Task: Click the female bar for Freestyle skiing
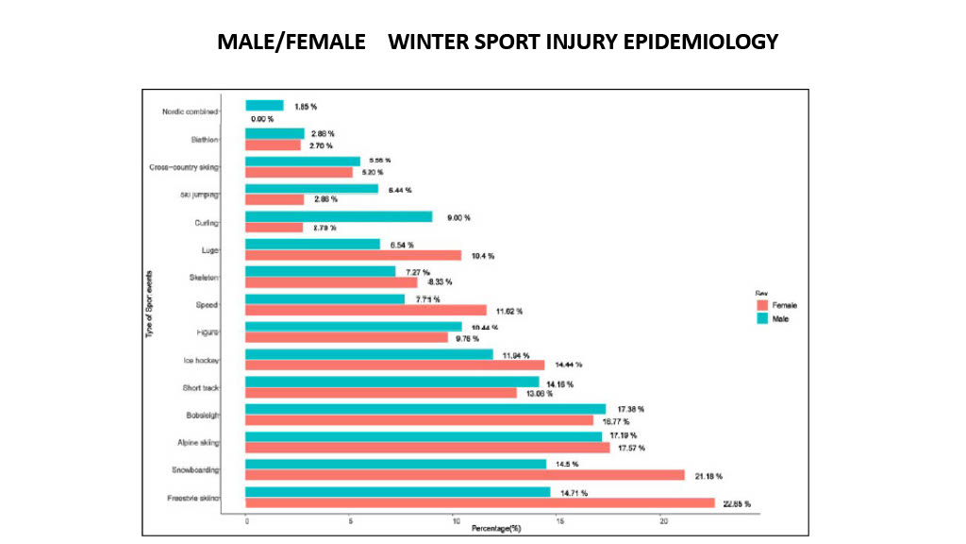click(480, 503)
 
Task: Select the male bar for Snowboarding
click(395, 464)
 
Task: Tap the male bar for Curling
click(339, 216)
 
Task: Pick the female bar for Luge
click(353, 255)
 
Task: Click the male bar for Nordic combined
click(264, 106)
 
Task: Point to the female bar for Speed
click(366, 310)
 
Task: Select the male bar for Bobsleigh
click(425, 409)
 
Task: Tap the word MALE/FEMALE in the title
click(291, 42)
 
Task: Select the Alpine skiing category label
click(198, 442)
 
